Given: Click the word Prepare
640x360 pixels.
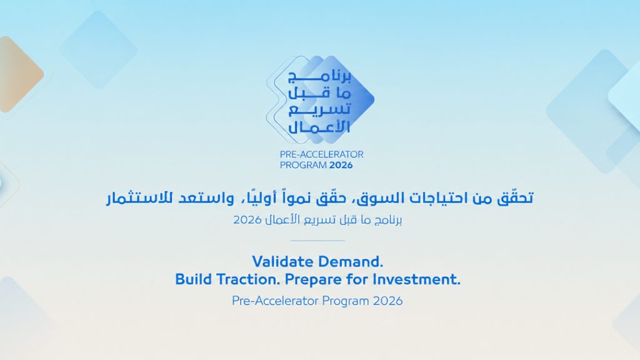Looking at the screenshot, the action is (x=313, y=281).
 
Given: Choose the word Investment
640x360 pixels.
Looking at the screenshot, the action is (x=416, y=279).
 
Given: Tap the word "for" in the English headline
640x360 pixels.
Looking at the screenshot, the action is (x=357, y=279).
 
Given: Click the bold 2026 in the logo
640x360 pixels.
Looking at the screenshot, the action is (x=341, y=165).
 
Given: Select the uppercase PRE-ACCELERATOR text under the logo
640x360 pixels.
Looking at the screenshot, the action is (x=322, y=154).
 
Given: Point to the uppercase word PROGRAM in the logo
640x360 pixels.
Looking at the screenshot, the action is (x=303, y=165).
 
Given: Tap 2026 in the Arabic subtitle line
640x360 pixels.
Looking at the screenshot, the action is (x=247, y=220).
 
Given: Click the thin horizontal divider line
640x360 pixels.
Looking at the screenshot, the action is (x=317, y=241).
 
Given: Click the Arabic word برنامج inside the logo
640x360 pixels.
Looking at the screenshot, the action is (x=319, y=76).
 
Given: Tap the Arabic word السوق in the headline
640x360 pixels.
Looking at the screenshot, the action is (x=378, y=198).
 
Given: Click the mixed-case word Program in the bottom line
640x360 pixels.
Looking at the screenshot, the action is (x=346, y=301).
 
